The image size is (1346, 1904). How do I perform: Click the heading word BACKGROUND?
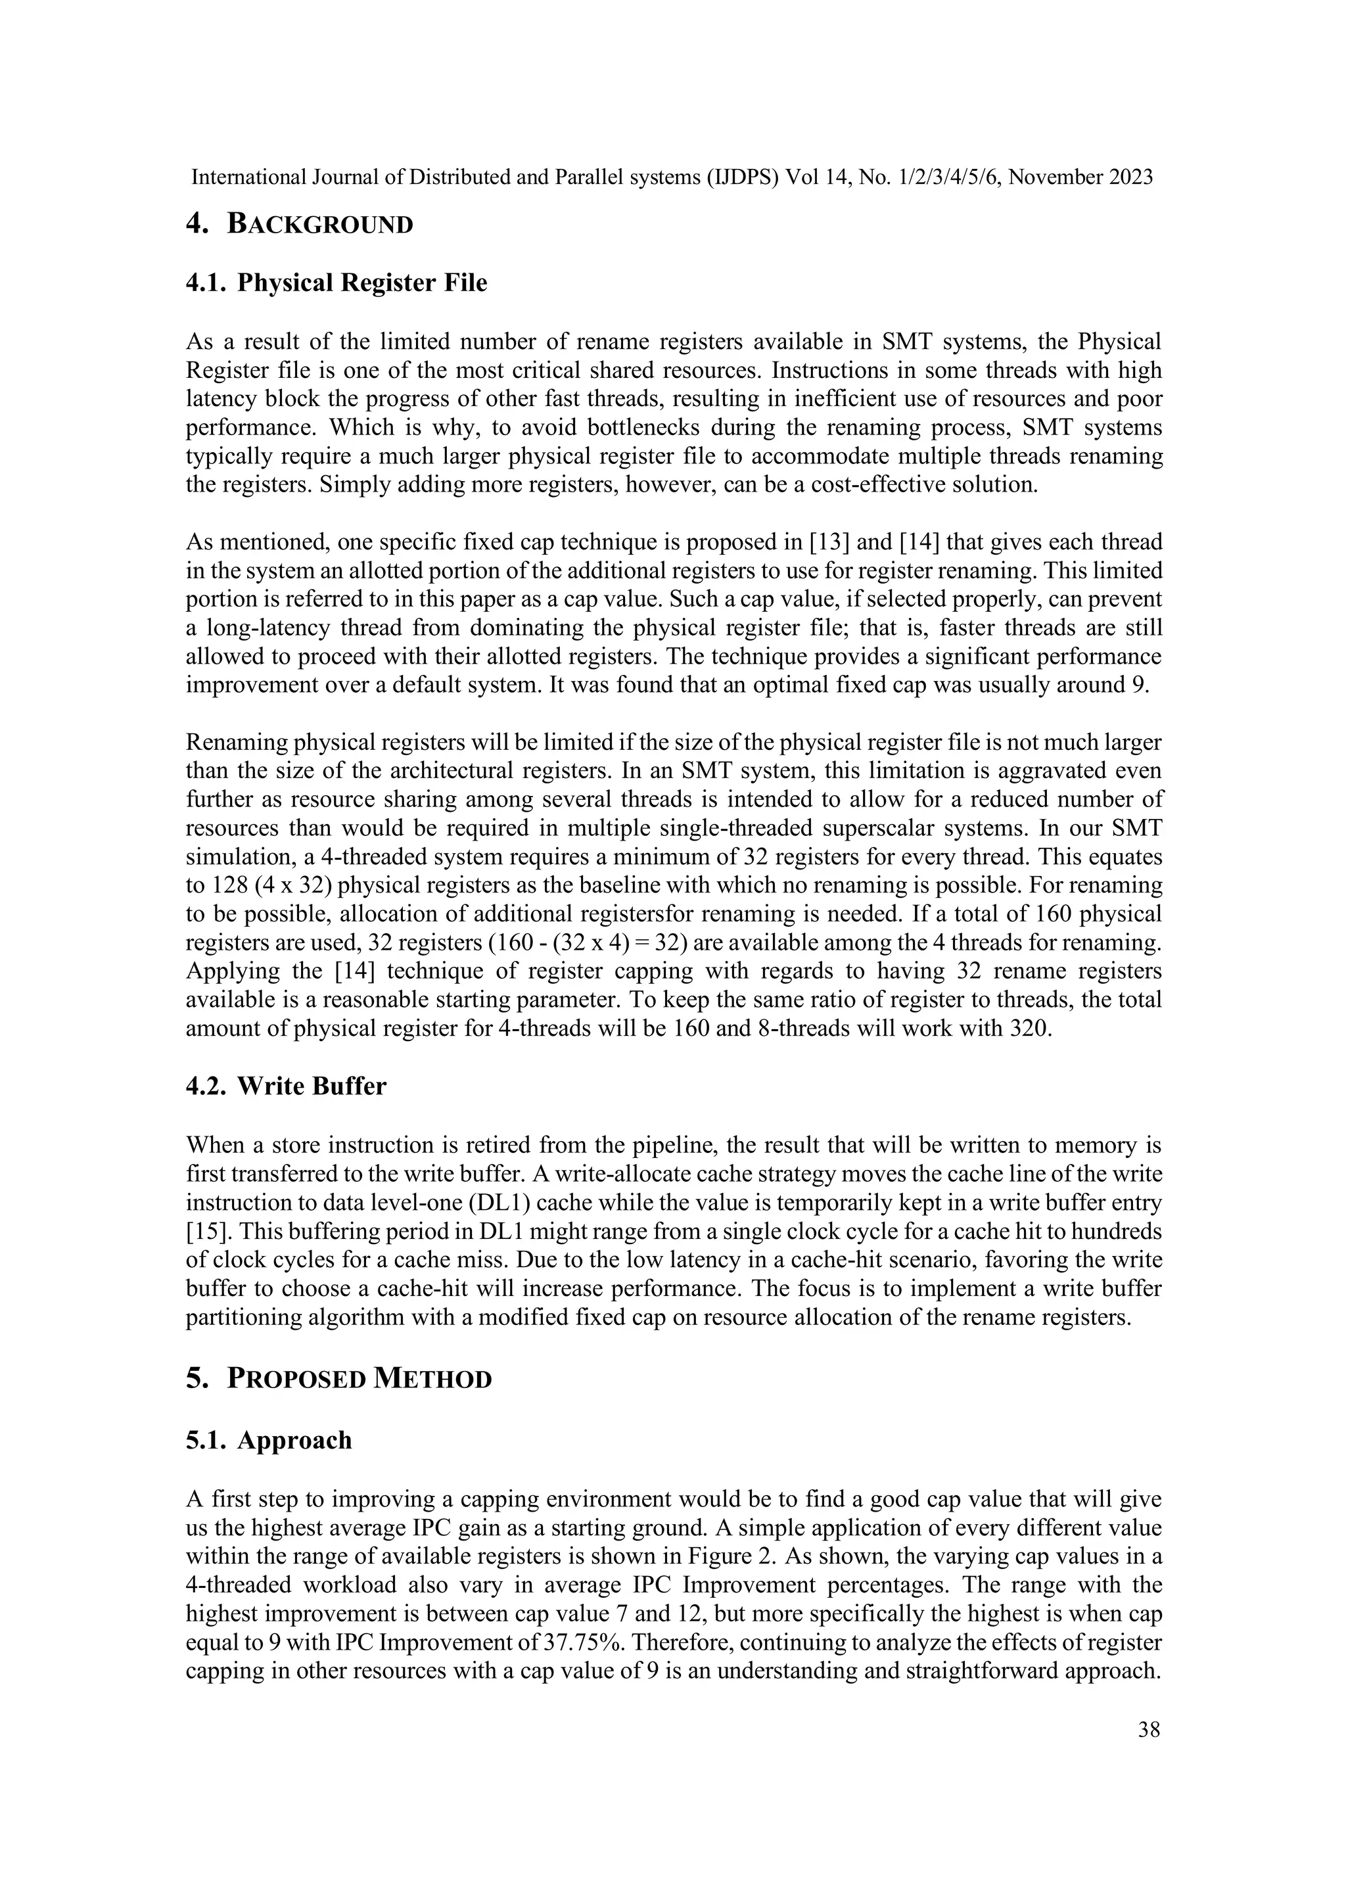coord(319,225)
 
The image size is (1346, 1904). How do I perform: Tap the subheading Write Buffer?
coord(312,1086)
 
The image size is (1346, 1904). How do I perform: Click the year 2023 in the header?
coord(1130,177)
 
